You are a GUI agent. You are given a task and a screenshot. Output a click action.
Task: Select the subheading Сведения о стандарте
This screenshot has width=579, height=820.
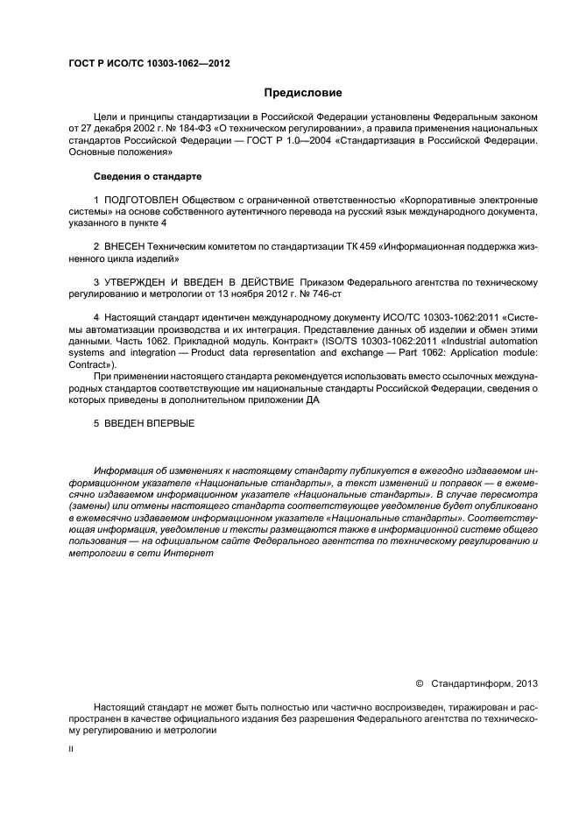pyautogui.click(x=142, y=176)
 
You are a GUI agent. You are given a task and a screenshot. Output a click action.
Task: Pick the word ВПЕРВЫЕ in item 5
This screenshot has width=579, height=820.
pyautogui.click(x=171, y=424)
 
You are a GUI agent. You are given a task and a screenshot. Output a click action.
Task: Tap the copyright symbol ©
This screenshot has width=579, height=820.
pyautogui.click(x=419, y=682)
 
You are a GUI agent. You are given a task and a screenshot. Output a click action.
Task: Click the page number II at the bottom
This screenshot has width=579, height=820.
pyautogui.click(x=70, y=750)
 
